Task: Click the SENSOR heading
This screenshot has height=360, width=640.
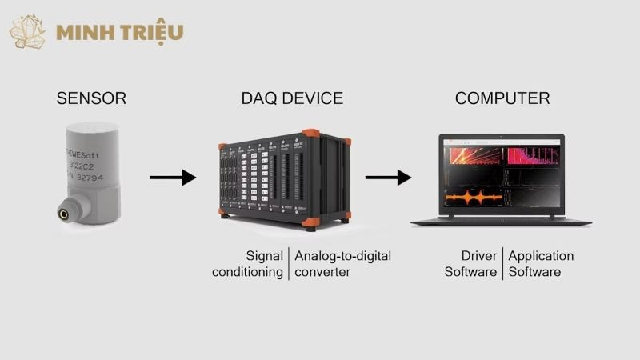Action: click(x=91, y=99)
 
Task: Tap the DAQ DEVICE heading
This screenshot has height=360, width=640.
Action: click(x=292, y=99)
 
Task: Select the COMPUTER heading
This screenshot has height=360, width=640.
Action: click(x=502, y=99)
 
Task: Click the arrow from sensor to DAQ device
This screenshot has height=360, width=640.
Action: click(x=173, y=178)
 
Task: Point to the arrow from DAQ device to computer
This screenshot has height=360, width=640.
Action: click(x=388, y=178)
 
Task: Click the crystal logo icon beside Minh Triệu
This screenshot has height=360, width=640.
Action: click(x=27, y=32)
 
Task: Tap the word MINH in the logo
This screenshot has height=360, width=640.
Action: click(x=83, y=33)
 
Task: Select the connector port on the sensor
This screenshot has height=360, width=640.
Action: click(x=62, y=213)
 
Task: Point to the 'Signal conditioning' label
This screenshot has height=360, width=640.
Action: click(x=248, y=264)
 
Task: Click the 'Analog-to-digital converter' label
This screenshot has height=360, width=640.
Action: click(x=342, y=264)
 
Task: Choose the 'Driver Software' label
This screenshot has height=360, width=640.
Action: click(x=471, y=264)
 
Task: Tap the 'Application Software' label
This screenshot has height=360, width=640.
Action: click(x=541, y=264)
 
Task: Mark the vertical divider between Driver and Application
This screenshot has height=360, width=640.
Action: click(x=502, y=264)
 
